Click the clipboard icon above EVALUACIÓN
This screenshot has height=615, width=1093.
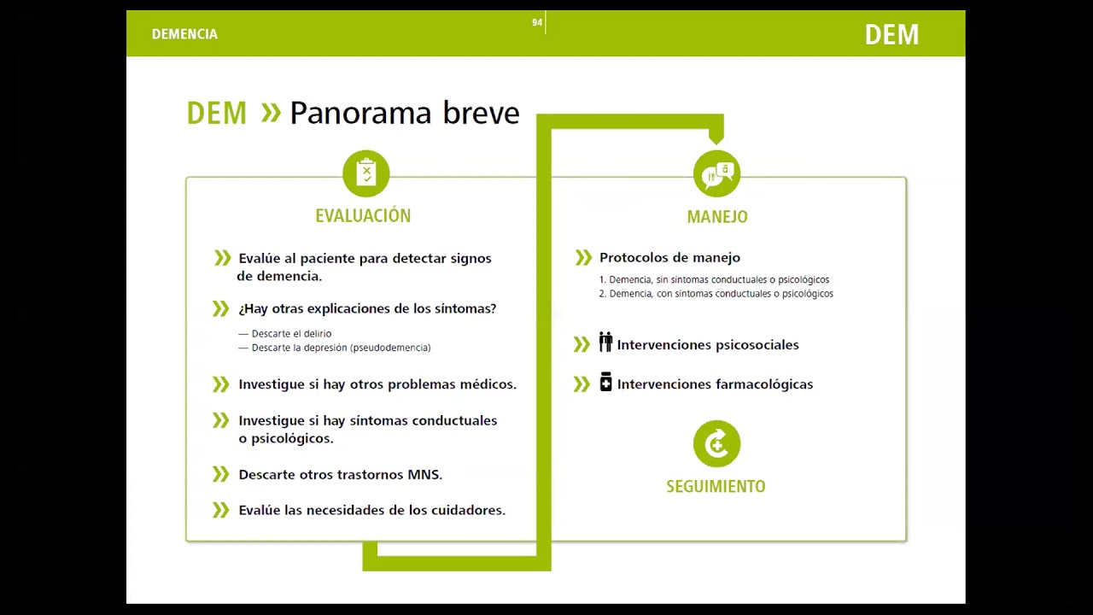(x=366, y=173)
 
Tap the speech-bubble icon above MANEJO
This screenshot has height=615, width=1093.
(x=716, y=174)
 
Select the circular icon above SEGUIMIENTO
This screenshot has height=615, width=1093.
(x=716, y=444)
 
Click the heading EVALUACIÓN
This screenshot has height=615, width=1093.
(x=363, y=216)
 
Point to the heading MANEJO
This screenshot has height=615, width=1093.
(x=717, y=217)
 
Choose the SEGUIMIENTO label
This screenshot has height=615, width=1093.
(x=716, y=487)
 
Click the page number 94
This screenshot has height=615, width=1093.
(x=537, y=23)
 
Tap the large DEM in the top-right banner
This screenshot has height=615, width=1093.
(x=891, y=35)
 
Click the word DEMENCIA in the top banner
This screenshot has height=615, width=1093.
(x=184, y=34)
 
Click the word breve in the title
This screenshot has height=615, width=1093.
(x=481, y=113)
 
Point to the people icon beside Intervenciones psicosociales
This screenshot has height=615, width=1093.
(x=605, y=343)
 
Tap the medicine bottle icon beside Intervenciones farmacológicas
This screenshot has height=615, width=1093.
(x=605, y=382)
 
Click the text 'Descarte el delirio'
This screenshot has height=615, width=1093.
(x=291, y=334)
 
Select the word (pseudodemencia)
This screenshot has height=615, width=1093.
(x=389, y=348)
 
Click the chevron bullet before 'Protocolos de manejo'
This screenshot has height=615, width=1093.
(x=583, y=257)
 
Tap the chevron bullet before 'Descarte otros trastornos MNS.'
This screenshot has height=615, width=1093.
(x=221, y=474)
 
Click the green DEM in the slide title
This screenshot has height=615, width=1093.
(x=216, y=113)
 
